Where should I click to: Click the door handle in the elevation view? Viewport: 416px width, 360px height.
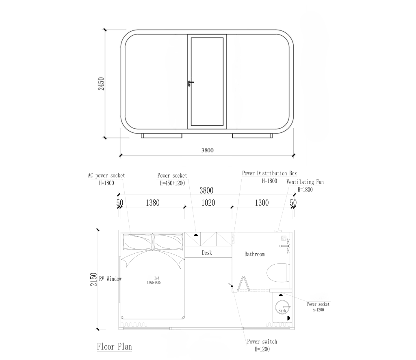(191, 83)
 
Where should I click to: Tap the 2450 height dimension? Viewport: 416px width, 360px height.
(101, 84)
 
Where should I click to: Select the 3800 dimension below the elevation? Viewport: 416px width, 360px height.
(207, 150)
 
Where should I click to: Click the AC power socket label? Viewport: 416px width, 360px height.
(106, 175)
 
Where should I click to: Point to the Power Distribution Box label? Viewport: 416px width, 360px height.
(269, 173)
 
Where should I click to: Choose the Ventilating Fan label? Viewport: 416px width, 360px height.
(305, 182)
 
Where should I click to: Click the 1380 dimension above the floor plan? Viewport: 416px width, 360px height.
(153, 203)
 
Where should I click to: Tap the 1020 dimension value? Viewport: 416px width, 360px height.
(208, 203)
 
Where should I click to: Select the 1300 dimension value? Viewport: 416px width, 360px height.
(262, 203)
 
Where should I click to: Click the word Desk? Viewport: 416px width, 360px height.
(207, 252)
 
